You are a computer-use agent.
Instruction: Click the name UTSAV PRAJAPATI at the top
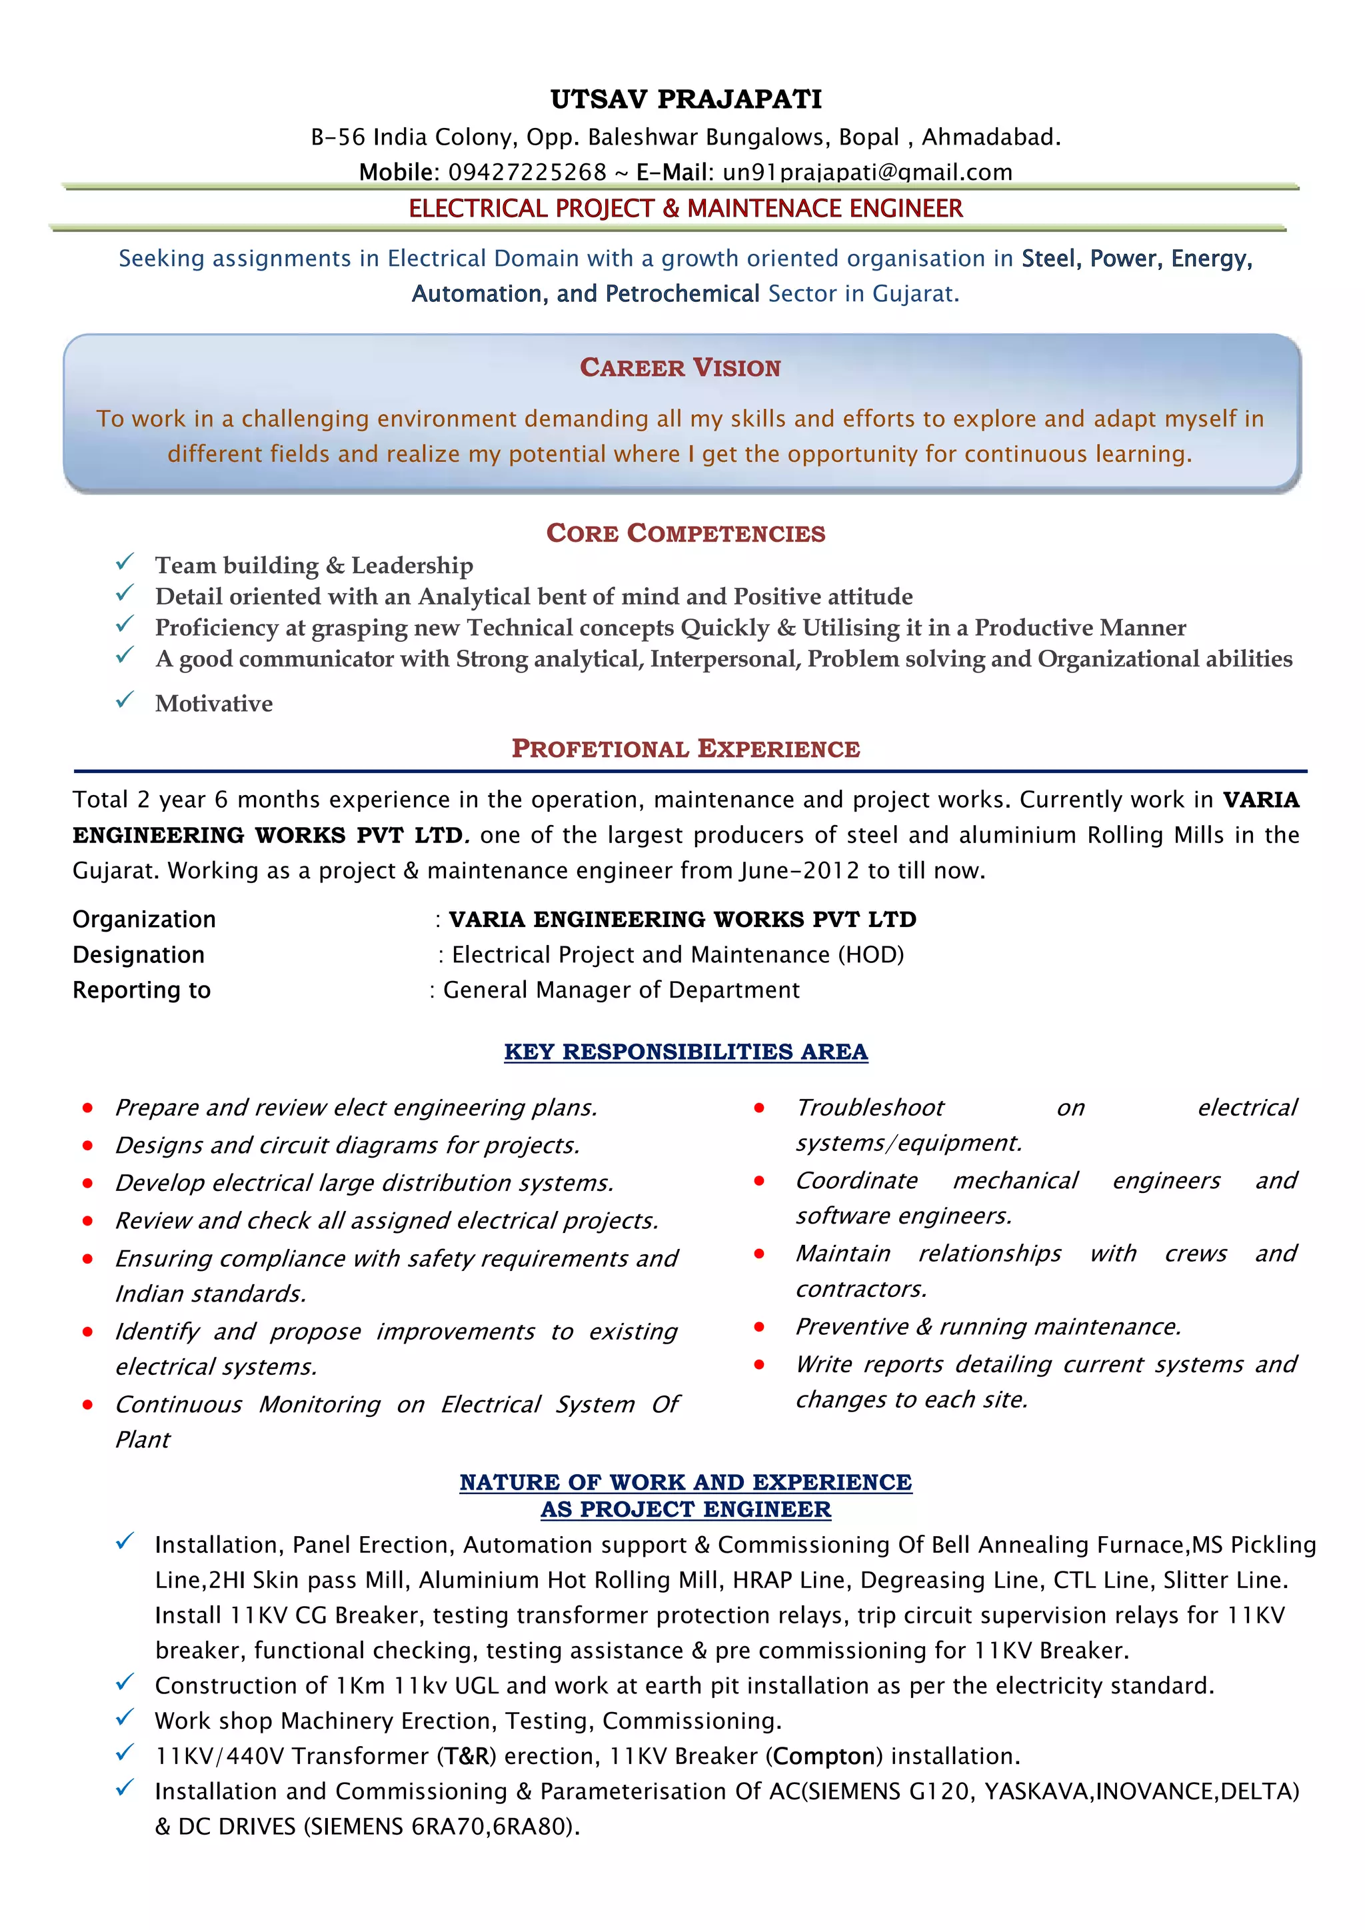[x=686, y=99]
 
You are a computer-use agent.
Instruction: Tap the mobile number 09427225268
[x=527, y=173]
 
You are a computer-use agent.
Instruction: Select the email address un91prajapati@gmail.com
[x=866, y=173]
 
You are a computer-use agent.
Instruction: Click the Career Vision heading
[x=680, y=367]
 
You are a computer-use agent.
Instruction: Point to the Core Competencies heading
[x=685, y=533]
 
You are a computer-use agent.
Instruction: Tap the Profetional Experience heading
[x=685, y=748]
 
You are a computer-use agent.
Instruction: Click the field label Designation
[x=139, y=955]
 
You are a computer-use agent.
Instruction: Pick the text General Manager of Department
[x=621, y=990]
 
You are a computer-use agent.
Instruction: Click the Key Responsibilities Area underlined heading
[x=685, y=1052]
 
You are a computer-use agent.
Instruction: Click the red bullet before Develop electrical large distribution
[x=87, y=1184]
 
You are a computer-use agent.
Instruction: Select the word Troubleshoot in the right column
[x=869, y=1108]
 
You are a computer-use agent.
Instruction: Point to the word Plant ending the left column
[x=142, y=1440]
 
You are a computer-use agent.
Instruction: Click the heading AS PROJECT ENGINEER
[x=685, y=1509]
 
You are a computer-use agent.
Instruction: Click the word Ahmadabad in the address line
[x=990, y=137]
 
